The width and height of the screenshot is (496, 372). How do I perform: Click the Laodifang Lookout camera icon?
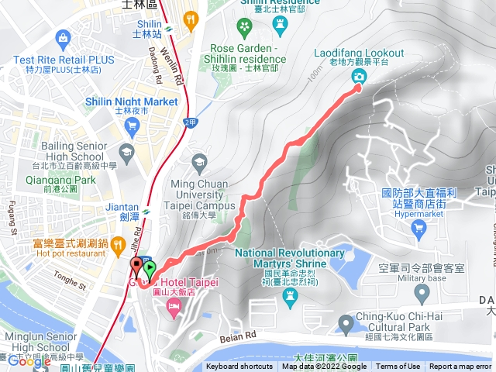coord(359,75)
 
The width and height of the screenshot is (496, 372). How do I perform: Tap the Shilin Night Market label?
coord(136,102)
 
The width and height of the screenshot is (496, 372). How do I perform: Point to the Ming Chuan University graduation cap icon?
coord(198,163)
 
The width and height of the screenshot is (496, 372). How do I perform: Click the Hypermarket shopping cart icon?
coord(419,227)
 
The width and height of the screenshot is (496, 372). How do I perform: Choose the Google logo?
coord(29,361)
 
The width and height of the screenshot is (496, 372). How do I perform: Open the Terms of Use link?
coord(398,367)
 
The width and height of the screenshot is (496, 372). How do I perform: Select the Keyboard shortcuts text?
coord(239,367)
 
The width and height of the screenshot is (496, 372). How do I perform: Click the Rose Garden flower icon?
coord(245,30)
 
